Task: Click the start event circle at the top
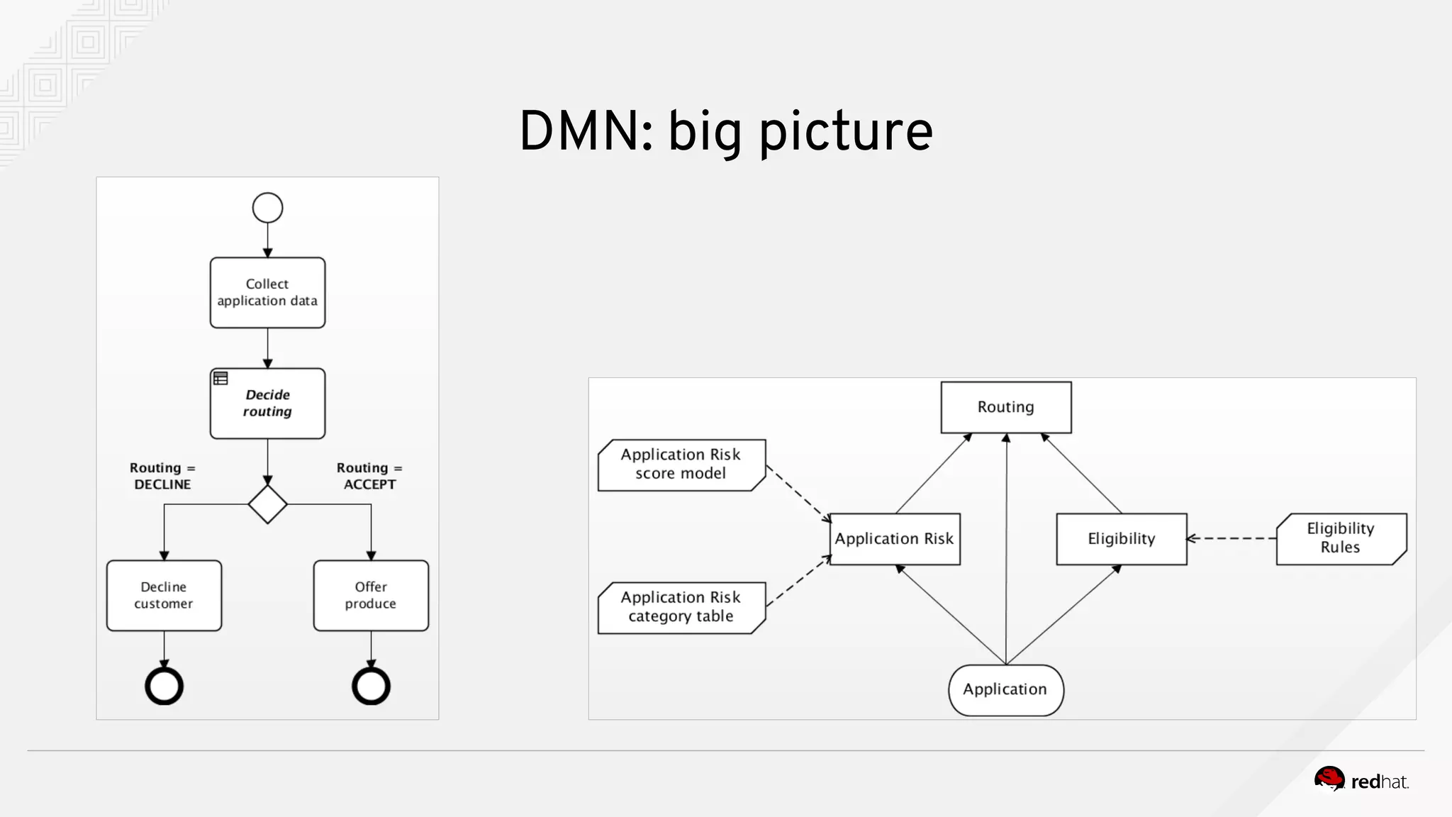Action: pyautogui.click(x=267, y=208)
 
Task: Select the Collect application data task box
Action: pyautogui.click(x=267, y=292)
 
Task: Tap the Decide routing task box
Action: pyautogui.click(x=267, y=403)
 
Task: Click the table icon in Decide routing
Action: pyautogui.click(x=220, y=379)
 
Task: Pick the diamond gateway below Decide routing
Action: pyautogui.click(x=267, y=504)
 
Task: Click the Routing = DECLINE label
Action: pyautogui.click(x=162, y=476)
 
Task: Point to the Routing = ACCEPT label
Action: pyautogui.click(x=369, y=476)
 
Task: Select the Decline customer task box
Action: pyautogui.click(x=164, y=595)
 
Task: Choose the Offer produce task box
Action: pyautogui.click(x=371, y=595)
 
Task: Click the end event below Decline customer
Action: pyautogui.click(x=164, y=686)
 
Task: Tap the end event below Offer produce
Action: pyautogui.click(x=371, y=686)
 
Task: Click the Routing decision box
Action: pyautogui.click(x=1005, y=407)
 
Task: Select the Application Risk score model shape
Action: pyautogui.click(x=681, y=465)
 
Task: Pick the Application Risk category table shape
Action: pyautogui.click(x=681, y=607)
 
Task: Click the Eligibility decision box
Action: pyautogui.click(x=1121, y=539)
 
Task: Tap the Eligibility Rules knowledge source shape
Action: pyautogui.click(x=1340, y=538)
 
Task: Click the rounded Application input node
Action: pyautogui.click(x=1005, y=689)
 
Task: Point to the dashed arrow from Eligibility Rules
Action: pyautogui.click(x=1232, y=538)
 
